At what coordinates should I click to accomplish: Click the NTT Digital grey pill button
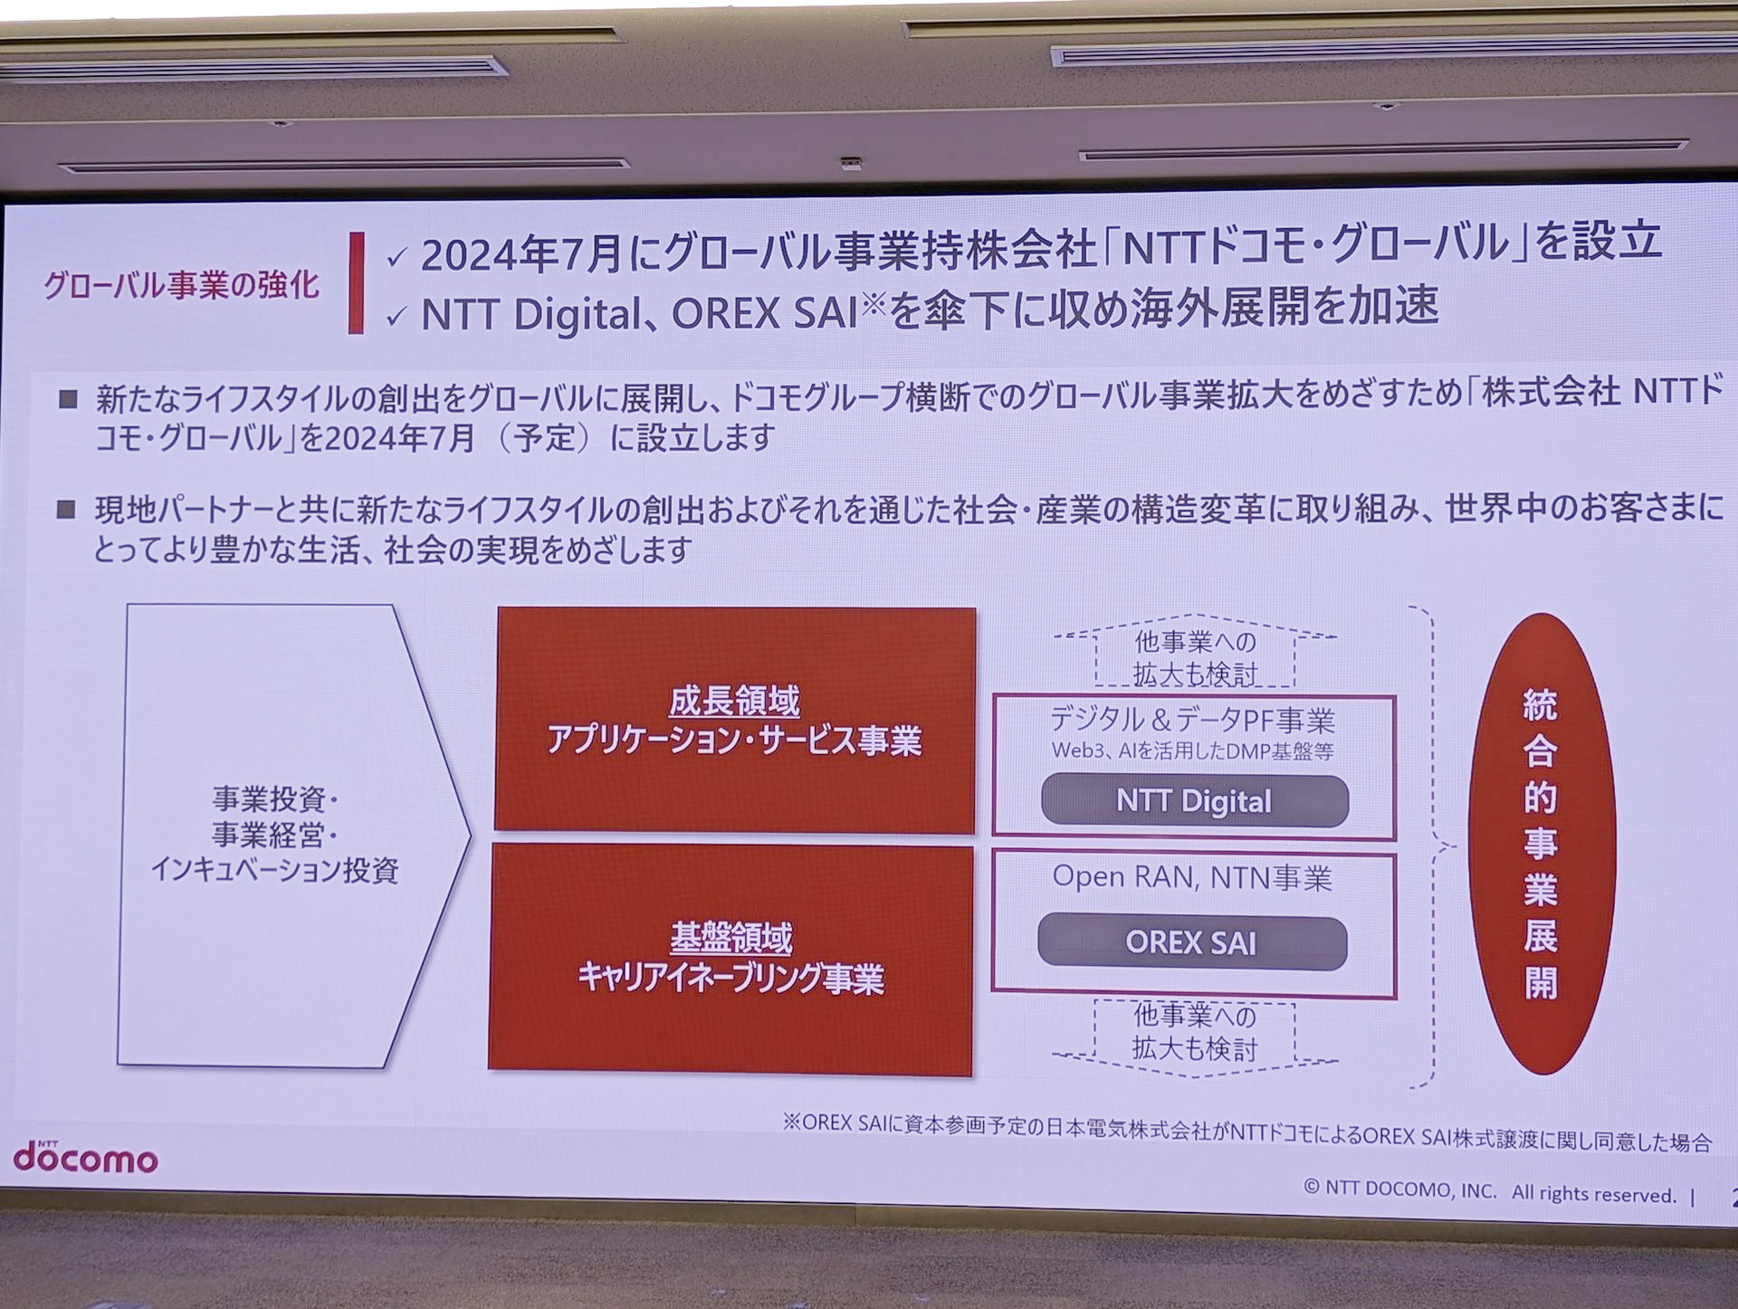pos(1194,801)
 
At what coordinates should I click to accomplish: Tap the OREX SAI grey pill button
pos(1191,942)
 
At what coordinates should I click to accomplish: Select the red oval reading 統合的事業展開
pos(1541,843)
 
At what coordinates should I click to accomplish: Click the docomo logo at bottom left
pos(85,1157)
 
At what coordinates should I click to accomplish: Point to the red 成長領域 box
pos(735,720)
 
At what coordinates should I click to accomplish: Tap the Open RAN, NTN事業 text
pos(1191,878)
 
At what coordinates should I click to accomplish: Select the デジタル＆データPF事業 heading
pos(1192,721)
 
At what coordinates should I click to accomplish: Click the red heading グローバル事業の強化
pos(182,286)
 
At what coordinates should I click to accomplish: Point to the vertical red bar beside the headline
pos(357,282)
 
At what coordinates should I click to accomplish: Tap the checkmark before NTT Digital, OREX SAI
pos(396,318)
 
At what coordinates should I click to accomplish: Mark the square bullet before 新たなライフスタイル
pos(68,399)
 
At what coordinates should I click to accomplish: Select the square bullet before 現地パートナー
pos(66,510)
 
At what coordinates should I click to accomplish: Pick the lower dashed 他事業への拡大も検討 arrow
pos(1195,1035)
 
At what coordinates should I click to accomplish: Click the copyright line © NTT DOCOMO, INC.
pos(1490,1192)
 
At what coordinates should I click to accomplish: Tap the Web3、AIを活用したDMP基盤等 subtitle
pos(1192,751)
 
